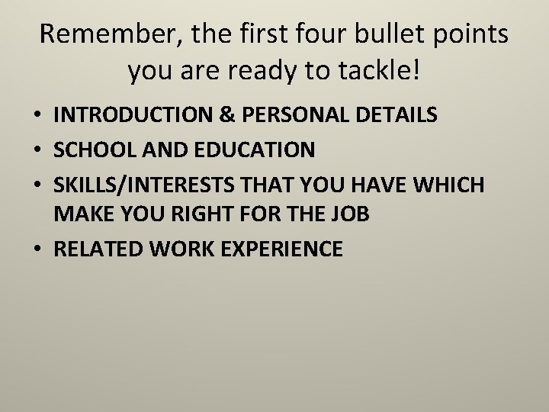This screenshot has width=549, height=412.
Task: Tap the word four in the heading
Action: [294, 35]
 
